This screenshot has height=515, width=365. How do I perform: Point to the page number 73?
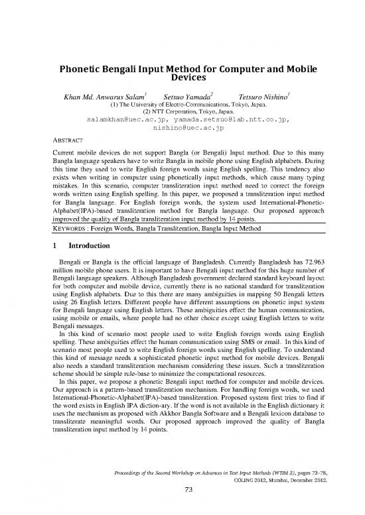coord(182,499)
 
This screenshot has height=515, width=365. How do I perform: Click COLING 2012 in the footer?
coord(276,485)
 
